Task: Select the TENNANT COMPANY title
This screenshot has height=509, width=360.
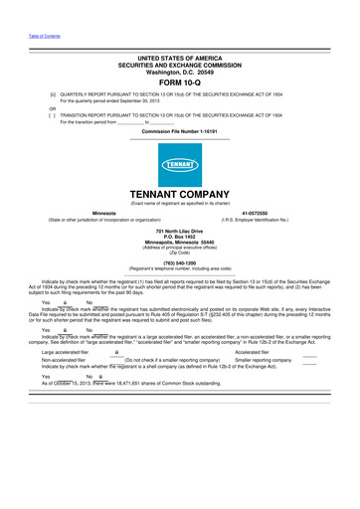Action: [x=180, y=197]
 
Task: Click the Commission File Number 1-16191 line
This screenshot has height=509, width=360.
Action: [x=179, y=132]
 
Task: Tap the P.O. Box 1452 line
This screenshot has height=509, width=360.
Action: [x=180, y=237]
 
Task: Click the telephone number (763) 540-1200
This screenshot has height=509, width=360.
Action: [x=180, y=264]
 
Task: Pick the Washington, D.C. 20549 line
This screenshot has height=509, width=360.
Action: [x=180, y=72]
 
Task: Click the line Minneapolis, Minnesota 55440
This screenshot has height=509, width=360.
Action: [x=180, y=242]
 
